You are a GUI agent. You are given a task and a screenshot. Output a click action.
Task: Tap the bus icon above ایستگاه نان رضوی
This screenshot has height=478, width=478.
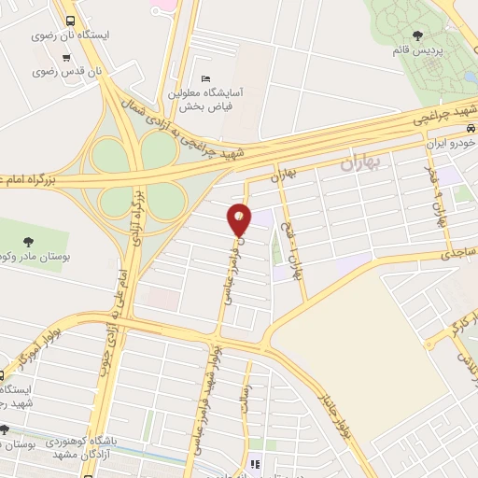click(x=71, y=20)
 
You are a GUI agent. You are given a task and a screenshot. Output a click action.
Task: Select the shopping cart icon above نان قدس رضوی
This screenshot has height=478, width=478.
click(x=66, y=56)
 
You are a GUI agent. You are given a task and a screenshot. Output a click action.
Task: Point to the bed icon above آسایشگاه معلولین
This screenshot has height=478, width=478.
click(x=205, y=78)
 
